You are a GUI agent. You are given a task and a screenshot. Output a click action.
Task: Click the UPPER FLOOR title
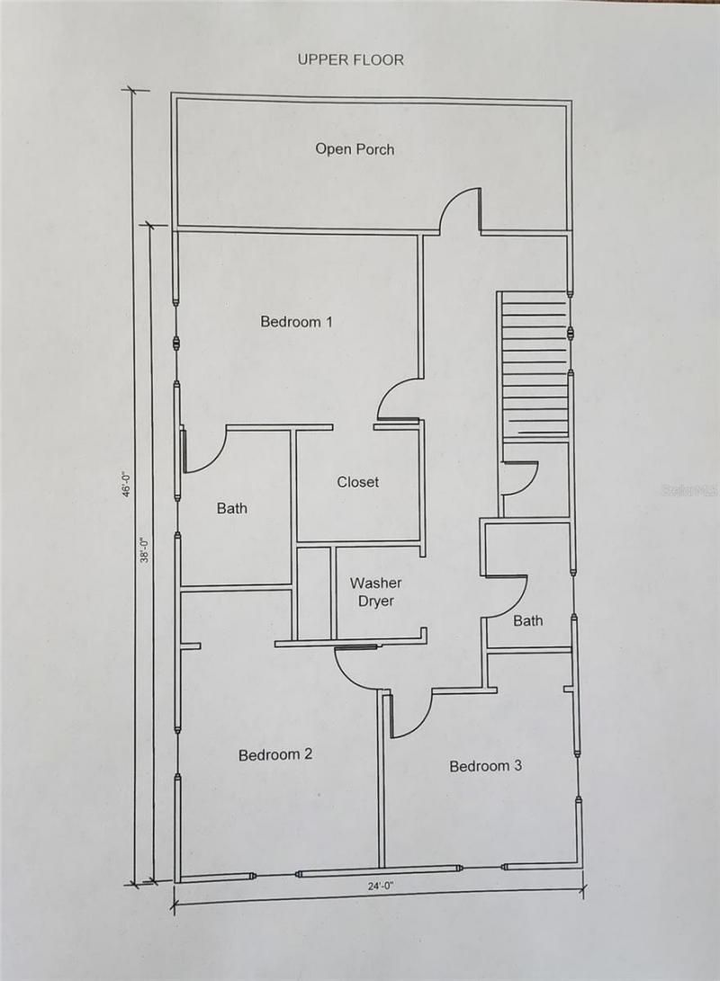tap(351, 60)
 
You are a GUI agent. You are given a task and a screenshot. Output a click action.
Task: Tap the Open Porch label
tap(355, 149)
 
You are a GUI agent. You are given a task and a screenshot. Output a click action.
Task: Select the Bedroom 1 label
tap(291, 321)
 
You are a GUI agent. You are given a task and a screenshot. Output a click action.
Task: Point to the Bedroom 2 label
tap(275, 754)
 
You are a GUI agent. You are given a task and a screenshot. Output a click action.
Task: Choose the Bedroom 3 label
tap(485, 766)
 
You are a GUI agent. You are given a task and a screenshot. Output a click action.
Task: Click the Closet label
tap(358, 482)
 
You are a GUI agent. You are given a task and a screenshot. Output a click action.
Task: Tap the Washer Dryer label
tap(376, 592)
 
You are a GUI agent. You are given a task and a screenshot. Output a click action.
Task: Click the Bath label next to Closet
tap(231, 509)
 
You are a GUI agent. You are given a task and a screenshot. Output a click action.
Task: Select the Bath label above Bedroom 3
tap(528, 620)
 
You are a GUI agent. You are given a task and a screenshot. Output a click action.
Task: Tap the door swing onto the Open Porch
tap(460, 210)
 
